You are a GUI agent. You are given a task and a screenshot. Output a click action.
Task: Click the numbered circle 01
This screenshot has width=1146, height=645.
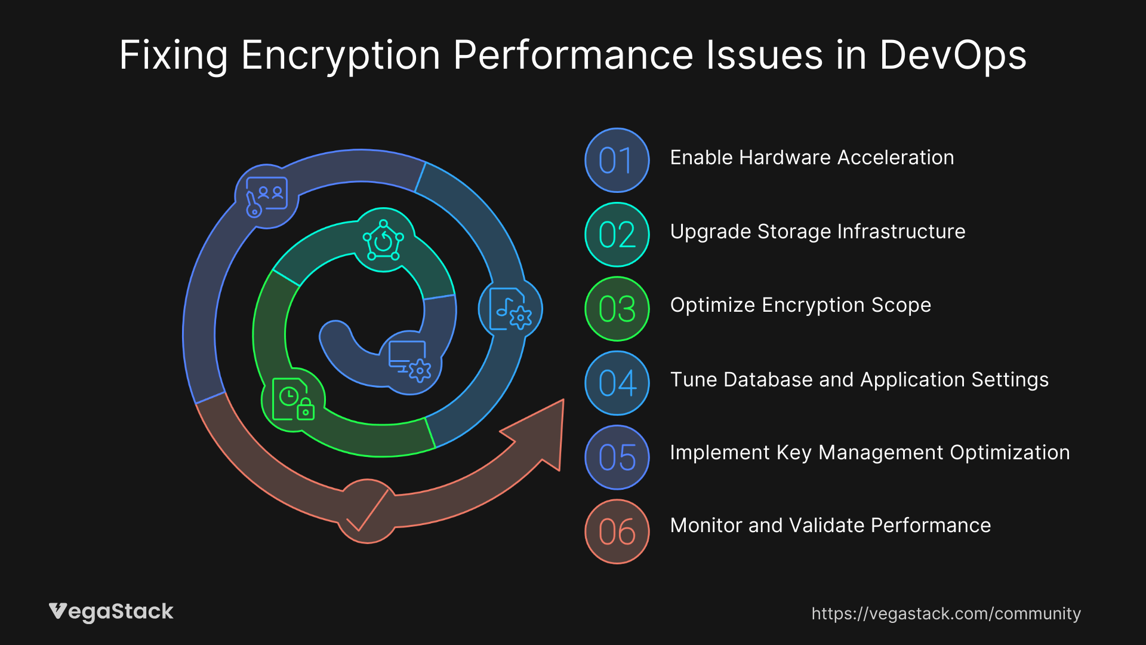pyautogui.click(x=617, y=160)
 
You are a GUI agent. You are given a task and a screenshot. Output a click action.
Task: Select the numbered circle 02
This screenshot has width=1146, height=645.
pyautogui.click(x=617, y=234)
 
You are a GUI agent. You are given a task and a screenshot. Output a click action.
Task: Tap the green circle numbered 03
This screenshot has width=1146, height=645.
pyautogui.click(x=617, y=309)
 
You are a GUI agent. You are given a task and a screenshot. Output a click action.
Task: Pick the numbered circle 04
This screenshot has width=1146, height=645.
pyautogui.click(x=617, y=383)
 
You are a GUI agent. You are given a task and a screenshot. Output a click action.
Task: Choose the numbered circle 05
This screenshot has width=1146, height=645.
pyautogui.click(x=617, y=457)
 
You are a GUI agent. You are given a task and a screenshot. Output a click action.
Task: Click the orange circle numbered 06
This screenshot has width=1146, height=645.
pyautogui.click(x=617, y=532)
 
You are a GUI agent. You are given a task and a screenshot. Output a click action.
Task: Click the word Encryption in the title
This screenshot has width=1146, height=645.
pyautogui.click(x=340, y=56)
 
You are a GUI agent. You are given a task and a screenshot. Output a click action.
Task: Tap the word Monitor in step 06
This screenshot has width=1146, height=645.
pyautogui.click(x=706, y=526)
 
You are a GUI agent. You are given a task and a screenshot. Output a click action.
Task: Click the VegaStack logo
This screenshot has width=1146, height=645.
pyautogui.click(x=111, y=612)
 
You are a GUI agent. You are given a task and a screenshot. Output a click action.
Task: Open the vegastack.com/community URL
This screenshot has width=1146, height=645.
pyautogui.click(x=945, y=613)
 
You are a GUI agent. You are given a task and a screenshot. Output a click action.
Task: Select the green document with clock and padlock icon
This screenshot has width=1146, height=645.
pyautogui.click(x=293, y=400)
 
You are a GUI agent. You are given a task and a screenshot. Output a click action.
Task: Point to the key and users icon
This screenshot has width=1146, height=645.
pyautogui.click(x=267, y=196)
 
